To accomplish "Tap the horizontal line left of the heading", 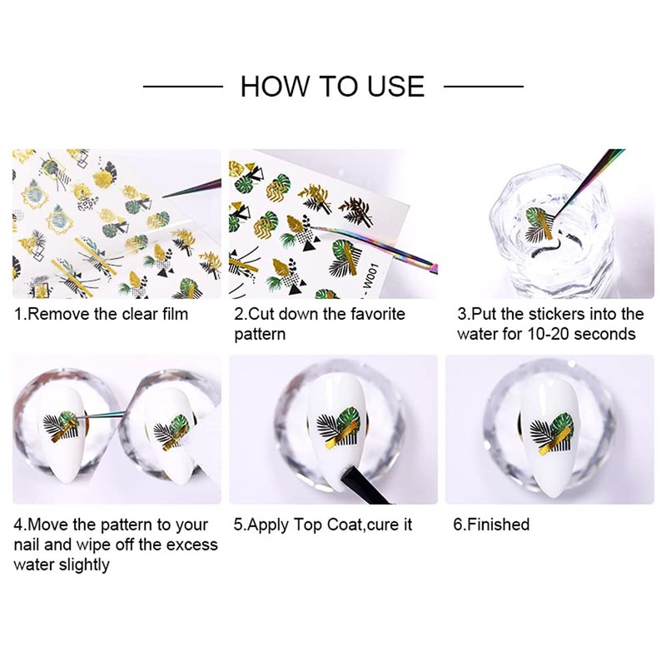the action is (183, 87).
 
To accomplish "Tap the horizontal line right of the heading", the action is (484, 87).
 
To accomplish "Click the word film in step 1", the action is (175, 315).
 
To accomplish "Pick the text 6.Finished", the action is (491, 524).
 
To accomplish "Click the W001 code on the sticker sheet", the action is (371, 276).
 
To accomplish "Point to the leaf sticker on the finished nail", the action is (552, 434).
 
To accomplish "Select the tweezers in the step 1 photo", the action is (192, 189).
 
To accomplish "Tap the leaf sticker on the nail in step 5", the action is (339, 428).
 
